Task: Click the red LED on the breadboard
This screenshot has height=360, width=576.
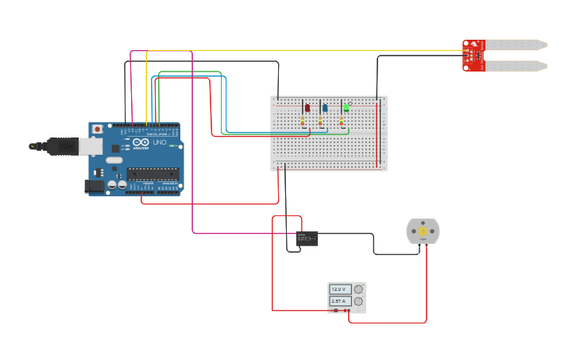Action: click(x=307, y=108)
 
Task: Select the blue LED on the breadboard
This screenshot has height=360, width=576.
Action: click(x=324, y=108)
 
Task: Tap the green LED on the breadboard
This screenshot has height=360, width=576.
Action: click(x=346, y=107)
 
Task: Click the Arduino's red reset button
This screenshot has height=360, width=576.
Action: click(x=97, y=129)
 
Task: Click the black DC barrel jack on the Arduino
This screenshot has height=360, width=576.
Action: click(x=95, y=186)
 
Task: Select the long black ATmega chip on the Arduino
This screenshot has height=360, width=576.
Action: click(x=153, y=174)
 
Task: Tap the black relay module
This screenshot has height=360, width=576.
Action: click(x=307, y=237)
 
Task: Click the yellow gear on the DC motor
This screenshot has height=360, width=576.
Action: click(x=423, y=231)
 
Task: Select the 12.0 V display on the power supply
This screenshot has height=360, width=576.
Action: click(x=340, y=289)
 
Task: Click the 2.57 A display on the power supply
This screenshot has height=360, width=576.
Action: click(x=340, y=301)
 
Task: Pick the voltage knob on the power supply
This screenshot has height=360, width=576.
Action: click(x=358, y=289)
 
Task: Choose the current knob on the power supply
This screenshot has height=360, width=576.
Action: click(x=358, y=301)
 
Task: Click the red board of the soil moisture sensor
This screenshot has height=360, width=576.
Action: click(x=474, y=56)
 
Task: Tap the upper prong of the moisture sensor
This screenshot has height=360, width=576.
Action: click(x=516, y=45)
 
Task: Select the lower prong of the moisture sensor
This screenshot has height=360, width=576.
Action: click(x=516, y=66)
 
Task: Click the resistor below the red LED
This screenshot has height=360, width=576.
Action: click(x=303, y=122)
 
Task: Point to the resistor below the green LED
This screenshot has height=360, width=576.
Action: click(x=341, y=122)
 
